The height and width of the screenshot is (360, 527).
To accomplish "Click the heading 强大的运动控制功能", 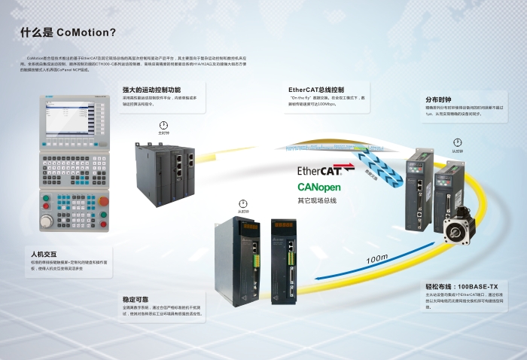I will point(151,90).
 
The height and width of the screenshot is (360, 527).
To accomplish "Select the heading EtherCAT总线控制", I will point(315,90).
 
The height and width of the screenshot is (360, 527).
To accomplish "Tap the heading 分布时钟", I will point(438,99).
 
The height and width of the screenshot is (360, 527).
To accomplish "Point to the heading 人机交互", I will point(44,254).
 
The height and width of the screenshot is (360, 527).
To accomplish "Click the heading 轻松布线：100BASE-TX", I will point(462,288).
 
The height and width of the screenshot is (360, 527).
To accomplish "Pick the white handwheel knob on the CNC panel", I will point(47,221).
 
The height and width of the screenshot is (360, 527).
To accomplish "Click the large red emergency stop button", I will point(102,201).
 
